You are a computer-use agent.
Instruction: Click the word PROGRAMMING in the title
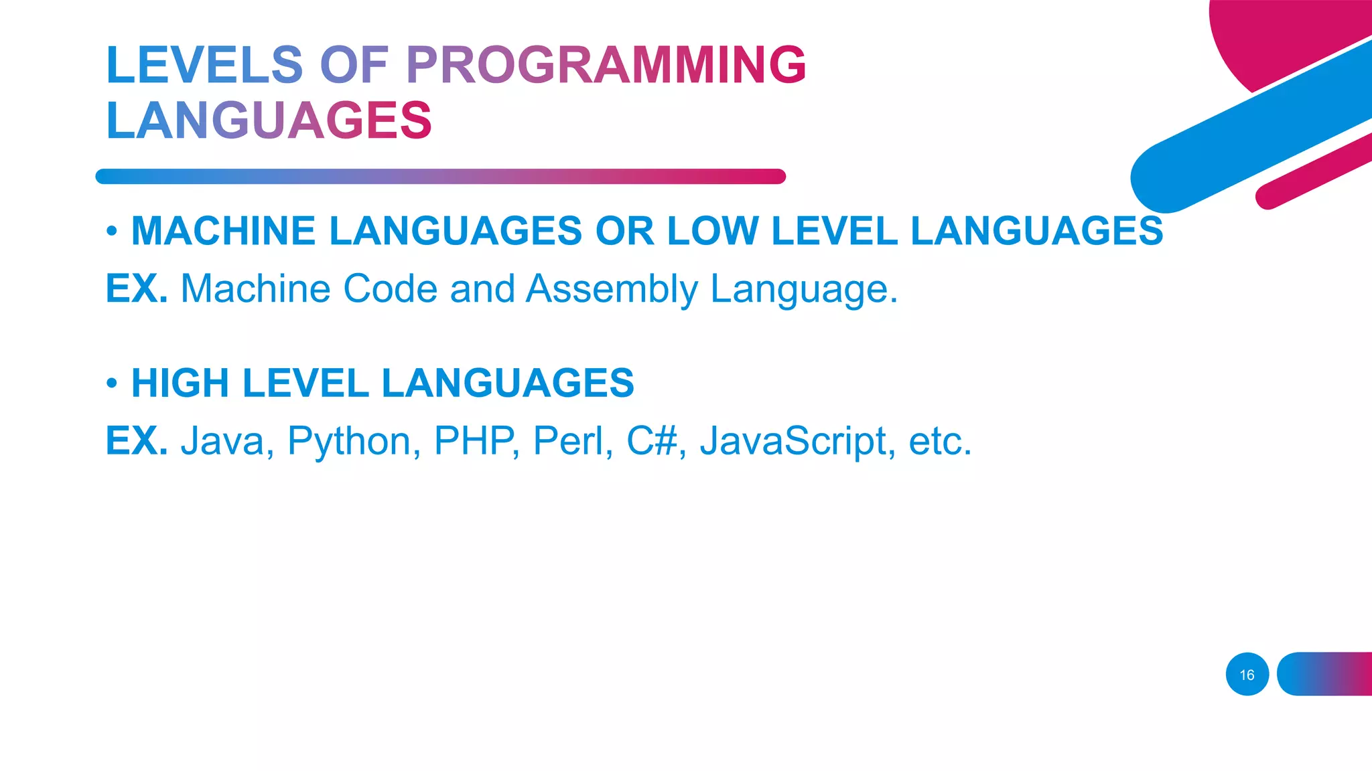point(606,66)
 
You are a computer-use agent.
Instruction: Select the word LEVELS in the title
point(204,66)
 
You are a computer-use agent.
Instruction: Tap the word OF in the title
point(354,66)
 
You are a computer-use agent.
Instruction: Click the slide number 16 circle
point(1247,675)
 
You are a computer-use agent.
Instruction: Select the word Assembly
point(612,289)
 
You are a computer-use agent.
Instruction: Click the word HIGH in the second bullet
point(180,383)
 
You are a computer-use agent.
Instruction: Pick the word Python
point(349,442)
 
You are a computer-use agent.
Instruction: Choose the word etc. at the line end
point(939,442)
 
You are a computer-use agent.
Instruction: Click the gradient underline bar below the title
point(440,177)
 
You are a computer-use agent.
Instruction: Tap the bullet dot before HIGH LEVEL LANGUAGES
point(112,383)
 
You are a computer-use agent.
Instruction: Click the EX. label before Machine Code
point(137,289)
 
